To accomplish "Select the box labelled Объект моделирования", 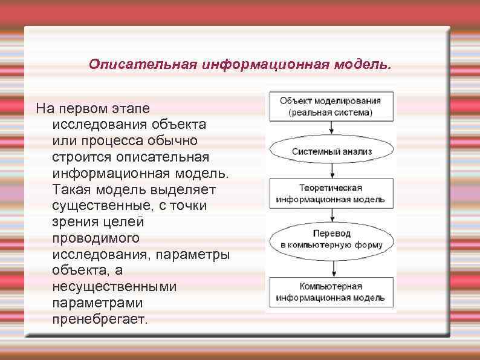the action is point(330,106).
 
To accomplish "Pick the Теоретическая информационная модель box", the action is point(330,192).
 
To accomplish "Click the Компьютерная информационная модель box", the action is point(330,292).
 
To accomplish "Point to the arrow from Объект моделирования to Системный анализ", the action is point(331,128).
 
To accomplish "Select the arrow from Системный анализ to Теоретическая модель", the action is point(331,171).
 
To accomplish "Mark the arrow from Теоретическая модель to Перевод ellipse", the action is point(331,215).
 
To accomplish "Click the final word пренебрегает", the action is point(100,319).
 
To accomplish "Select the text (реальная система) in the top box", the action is point(330,113).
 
